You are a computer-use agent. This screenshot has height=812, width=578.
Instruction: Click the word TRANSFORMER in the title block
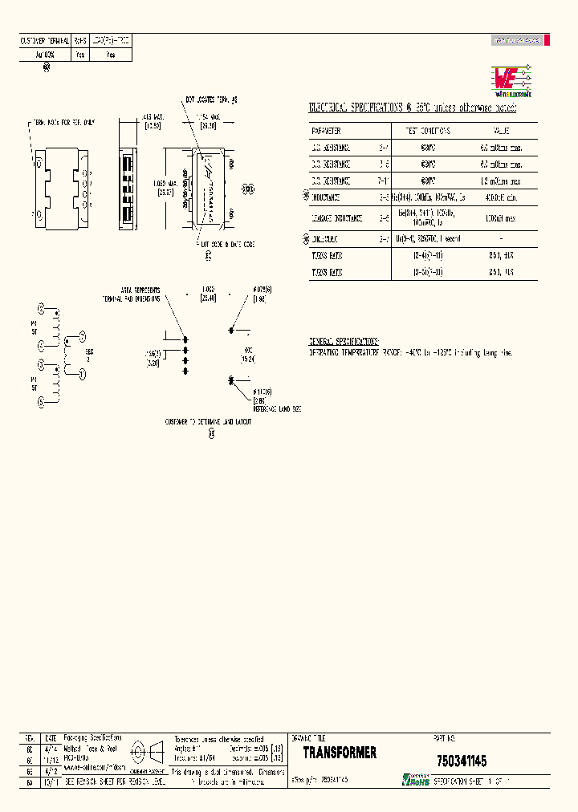[x=340, y=753]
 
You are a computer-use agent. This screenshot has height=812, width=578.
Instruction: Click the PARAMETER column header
[x=327, y=130]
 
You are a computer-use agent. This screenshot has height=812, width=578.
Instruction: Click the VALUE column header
[x=500, y=130]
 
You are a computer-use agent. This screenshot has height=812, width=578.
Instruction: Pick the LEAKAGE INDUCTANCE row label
[x=338, y=218]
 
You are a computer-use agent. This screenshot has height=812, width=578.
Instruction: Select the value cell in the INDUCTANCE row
[x=500, y=197]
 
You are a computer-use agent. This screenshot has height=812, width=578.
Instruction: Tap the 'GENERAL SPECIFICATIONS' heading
[x=344, y=342]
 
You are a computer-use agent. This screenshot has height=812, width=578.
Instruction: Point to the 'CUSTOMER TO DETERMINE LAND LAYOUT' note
[x=208, y=421]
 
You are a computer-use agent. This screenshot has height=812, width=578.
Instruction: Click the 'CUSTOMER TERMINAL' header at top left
[x=44, y=39]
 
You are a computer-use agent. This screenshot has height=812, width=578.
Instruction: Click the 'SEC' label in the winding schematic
[x=89, y=351]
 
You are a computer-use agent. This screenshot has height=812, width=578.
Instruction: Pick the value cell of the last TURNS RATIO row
[x=500, y=273]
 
